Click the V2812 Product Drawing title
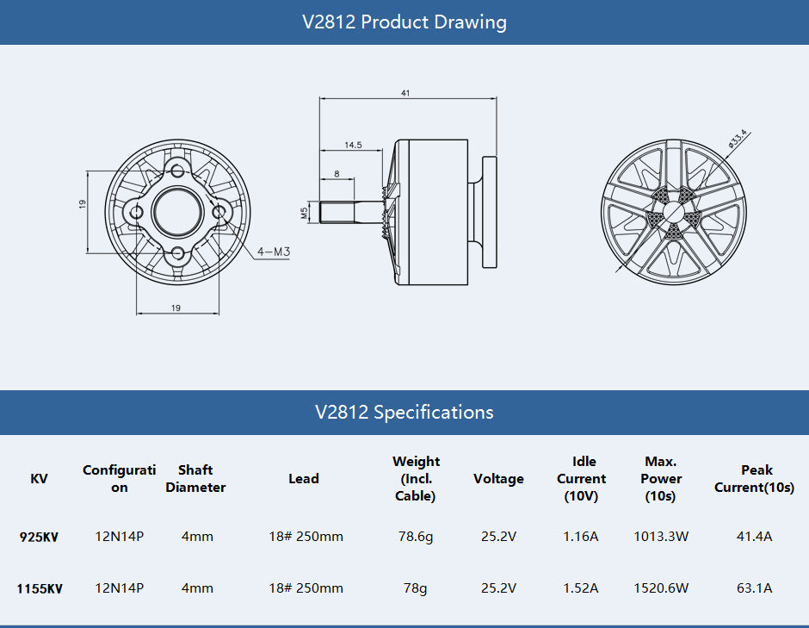(404, 22)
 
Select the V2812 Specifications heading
(404, 413)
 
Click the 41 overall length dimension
(405, 93)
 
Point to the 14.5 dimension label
(353, 146)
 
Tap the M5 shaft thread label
(304, 213)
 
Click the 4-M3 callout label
(274, 252)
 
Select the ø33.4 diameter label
(738, 140)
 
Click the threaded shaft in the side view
(349, 212)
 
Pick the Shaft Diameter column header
(195, 479)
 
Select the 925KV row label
(39, 537)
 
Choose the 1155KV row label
(39, 589)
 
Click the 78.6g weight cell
(416, 537)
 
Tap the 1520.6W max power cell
(661, 588)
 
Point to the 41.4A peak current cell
(756, 537)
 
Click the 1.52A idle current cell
(581, 588)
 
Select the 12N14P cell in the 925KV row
(119, 537)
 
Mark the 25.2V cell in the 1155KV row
(498, 588)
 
